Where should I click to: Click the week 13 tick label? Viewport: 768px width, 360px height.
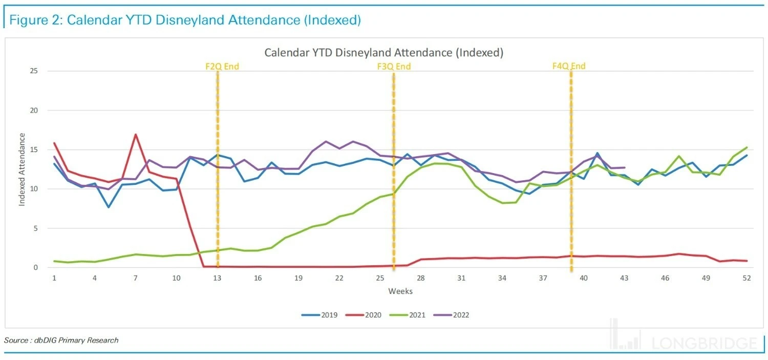pos(217,278)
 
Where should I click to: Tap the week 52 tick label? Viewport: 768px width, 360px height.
pos(746,278)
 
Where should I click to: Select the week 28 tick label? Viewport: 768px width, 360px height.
pos(421,278)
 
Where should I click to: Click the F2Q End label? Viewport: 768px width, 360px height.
pos(222,67)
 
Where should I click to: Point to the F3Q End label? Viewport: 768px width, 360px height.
pos(393,67)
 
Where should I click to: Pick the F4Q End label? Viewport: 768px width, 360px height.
pos(568,66)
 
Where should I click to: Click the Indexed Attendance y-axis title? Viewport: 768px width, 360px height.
pos(22,170)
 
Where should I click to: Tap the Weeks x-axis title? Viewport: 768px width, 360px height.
pos(400,291)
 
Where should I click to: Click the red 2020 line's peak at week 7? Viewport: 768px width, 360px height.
pos(135,135)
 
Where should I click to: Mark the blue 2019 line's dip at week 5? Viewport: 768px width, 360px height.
pos(108,207)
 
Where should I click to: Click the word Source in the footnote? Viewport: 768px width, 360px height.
pos(15,340)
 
